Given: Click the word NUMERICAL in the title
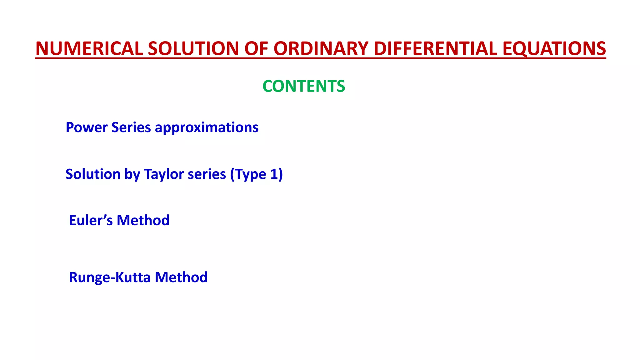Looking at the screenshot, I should coord(89,49).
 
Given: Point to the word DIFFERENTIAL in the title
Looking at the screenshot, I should coord(435,49).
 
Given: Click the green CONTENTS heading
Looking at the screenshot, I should coord(304,86).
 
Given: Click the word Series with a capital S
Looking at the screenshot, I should coord(131,127).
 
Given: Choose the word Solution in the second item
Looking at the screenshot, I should coord(93,174).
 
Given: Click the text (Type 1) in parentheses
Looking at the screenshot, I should coord(256,174).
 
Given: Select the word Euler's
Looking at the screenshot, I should coord(91,220).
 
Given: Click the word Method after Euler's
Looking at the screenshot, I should coord(143,220).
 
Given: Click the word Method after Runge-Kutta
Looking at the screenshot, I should coord(181,277).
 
